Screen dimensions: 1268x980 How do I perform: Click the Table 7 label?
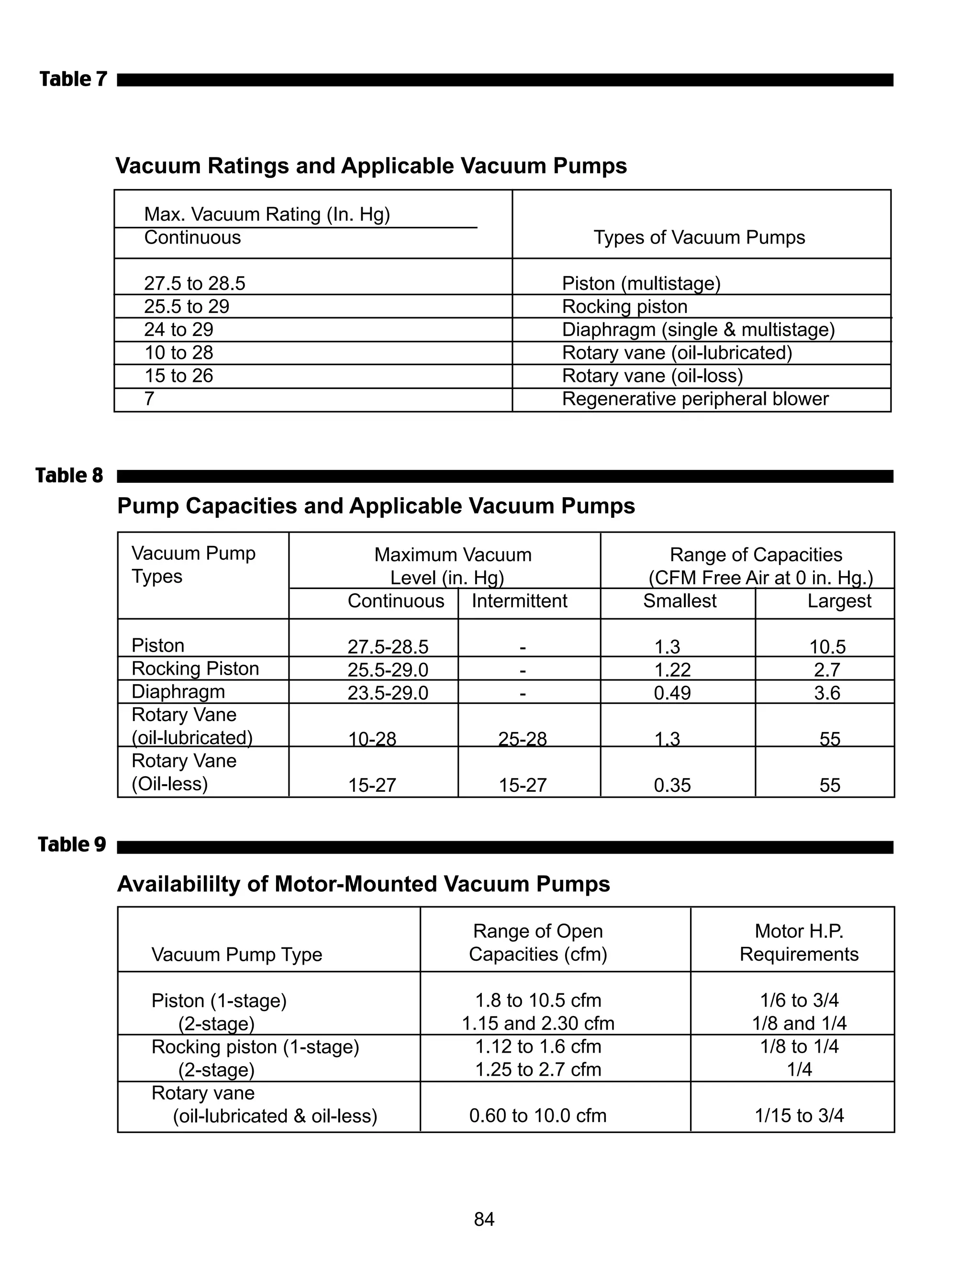click(x=73, y=79)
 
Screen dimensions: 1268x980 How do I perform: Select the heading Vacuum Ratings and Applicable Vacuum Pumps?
click(x=371, y=166)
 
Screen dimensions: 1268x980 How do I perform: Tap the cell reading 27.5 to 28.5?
click(x=194, y=283)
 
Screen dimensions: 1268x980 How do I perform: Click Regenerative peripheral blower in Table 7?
click(x=695, y=399)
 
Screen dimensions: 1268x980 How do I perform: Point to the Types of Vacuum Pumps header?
click(x=699, y=237)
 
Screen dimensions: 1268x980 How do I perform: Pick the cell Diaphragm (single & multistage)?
click(x=698, y=329)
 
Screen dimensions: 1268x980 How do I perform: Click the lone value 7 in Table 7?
click(x=149, y=399)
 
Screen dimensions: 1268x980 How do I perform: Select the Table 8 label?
click(x=69, y=476)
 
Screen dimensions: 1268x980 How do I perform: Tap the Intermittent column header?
click(x=519, y=601)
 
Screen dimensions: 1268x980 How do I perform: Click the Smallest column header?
click(x=679, y=601)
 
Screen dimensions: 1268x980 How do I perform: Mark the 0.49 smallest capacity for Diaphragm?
click(x=672, y=693)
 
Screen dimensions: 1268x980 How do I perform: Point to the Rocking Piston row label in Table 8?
click(x=195, y=668)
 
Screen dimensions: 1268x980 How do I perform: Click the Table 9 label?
click(x=72, y=844)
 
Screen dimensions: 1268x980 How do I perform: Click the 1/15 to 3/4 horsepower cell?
click(x=799, y=1115)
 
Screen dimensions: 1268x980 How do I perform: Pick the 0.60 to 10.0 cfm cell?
click(x=537, y=1115)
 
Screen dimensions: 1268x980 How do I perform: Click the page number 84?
click(x=484, y=1219)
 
